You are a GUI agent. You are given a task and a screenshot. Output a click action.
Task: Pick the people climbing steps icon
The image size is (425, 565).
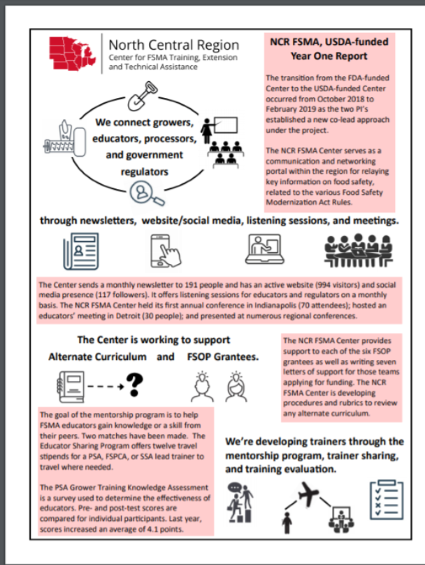[x=239, y=503]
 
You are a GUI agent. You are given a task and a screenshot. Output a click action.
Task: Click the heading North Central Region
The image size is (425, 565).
[x=173, y=44]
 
